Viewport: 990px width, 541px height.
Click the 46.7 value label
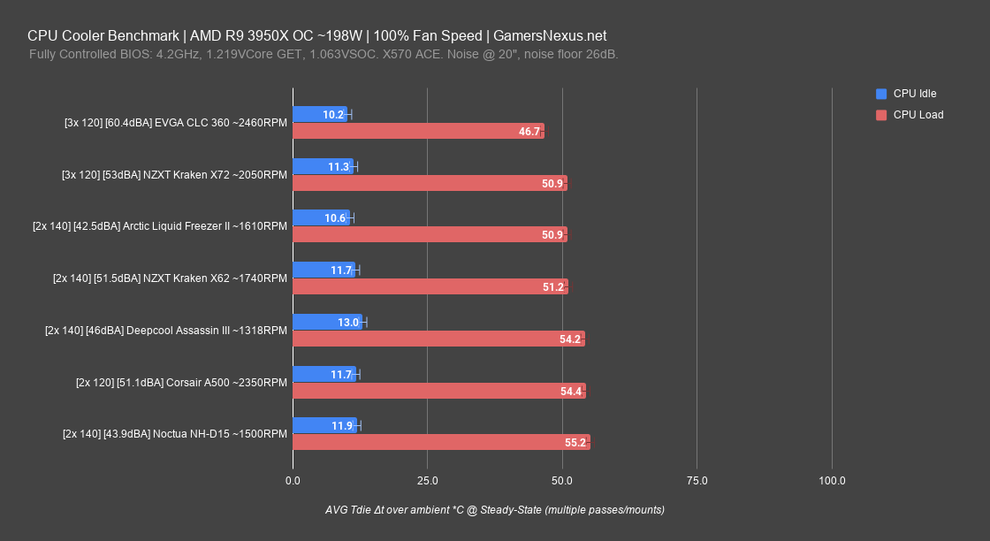pos(529,132)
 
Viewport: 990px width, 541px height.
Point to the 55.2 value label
pos(575,443)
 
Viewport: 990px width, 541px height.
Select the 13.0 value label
pos(348,323)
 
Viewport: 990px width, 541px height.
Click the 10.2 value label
pos(333,115)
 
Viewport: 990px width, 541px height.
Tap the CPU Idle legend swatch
pos(880,94)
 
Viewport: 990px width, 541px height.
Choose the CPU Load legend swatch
pos(880,115)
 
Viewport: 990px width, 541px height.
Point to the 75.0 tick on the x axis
pos(697,481)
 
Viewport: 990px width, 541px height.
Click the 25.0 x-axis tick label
pos(427,481)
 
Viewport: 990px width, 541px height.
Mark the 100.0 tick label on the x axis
pos(832,481)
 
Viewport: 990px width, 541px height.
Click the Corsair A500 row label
pos(181,382)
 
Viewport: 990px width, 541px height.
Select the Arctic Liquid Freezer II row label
pos(159,226)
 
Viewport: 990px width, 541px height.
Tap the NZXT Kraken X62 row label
pos(170,278)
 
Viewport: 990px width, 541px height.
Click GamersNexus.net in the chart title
pos(551,36)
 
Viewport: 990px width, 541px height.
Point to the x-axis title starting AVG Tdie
pos(494,510)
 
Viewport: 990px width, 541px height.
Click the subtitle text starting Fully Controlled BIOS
pos(324,55)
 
